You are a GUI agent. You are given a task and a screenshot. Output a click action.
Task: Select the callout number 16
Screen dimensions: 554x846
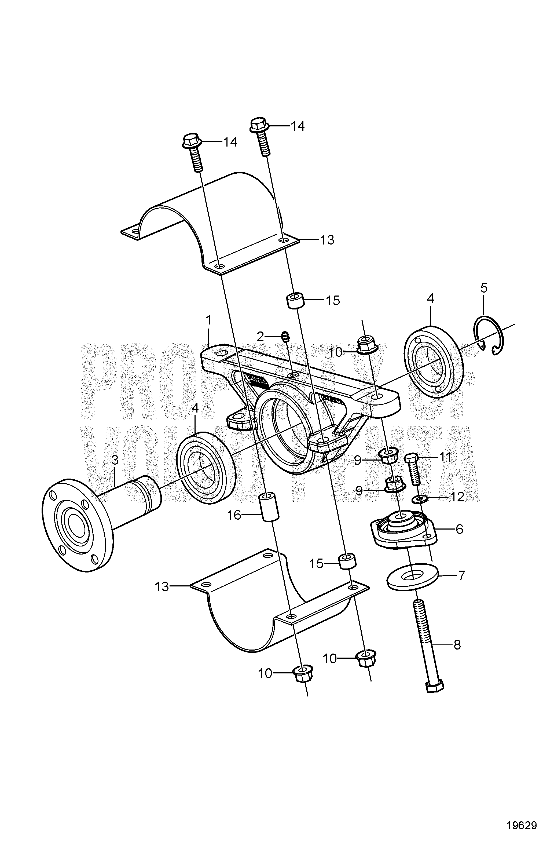(x=234, y=515)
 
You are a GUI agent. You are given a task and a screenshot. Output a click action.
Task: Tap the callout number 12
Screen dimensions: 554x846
(x=457, y=497)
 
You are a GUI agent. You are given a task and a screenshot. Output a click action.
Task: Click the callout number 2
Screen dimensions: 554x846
(x=261, y=336)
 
